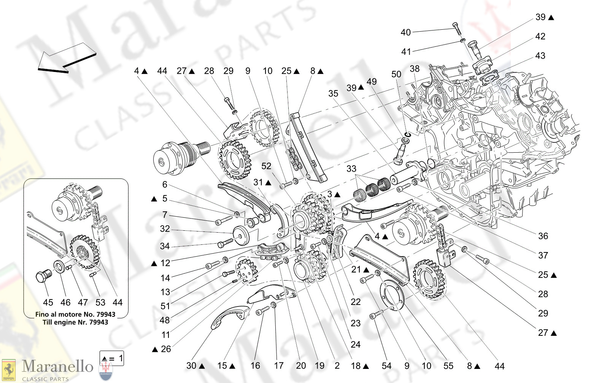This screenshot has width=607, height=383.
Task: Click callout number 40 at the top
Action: [405, 33]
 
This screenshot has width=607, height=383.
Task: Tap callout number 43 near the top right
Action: [540, 56]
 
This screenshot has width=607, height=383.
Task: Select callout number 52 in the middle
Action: [266, 166]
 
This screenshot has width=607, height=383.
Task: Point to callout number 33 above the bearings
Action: [351, 169]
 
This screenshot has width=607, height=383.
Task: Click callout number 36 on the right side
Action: [543, 236]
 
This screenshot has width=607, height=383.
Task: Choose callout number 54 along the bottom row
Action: [386, 366]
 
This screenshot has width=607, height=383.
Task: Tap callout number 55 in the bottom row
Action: [448, 366]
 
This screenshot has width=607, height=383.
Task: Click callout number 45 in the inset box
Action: [48, 303]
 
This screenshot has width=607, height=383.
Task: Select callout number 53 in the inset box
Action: [100, 303]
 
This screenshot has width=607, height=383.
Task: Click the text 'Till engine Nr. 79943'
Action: [75, 322]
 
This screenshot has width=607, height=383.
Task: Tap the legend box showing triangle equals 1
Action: [111, 358]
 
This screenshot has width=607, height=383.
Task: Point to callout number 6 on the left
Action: [165, 185]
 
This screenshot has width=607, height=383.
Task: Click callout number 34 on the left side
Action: [165, 246]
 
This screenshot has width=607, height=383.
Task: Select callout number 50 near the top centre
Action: [396, 74]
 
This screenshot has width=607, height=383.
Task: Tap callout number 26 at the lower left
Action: [166, 349]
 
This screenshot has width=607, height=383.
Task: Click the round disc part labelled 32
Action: [240, 235]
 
